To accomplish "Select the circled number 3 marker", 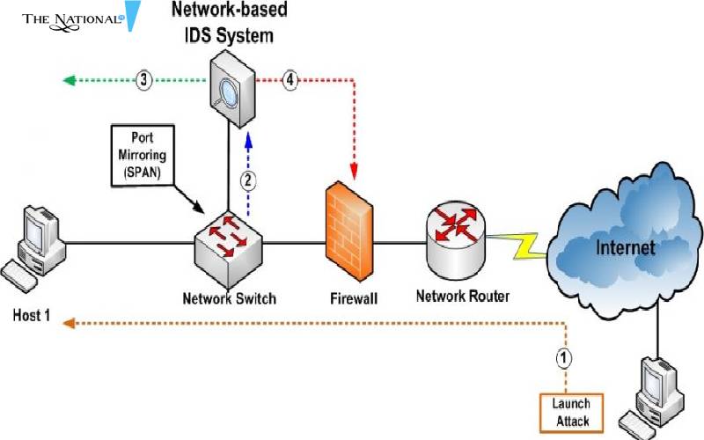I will [145, 80].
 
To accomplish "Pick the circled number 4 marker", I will [291, 80].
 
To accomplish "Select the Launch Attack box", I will [570, 412].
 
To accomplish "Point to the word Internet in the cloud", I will [626, 247].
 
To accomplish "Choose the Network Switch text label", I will [229, 297].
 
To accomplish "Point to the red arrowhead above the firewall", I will [356, 170].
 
